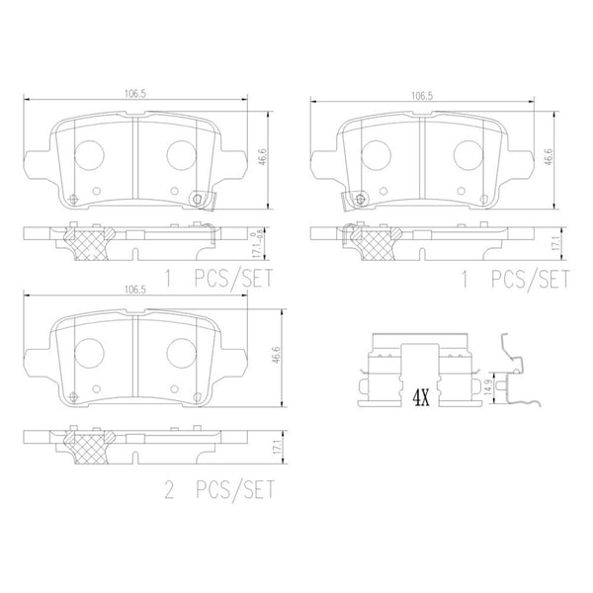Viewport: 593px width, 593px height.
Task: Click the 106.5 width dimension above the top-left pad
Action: pos(135,94)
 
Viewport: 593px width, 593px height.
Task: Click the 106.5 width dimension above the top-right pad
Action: pos(422,96)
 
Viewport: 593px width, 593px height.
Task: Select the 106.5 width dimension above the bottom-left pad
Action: pos(135,290)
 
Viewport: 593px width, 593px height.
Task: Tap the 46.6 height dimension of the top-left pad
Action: pos(263,156)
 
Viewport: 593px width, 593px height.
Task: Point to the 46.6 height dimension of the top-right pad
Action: pos(550,156)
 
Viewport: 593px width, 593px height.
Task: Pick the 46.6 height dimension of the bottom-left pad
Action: pos(277,355)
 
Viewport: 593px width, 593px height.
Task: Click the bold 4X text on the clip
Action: pos(421,398)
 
